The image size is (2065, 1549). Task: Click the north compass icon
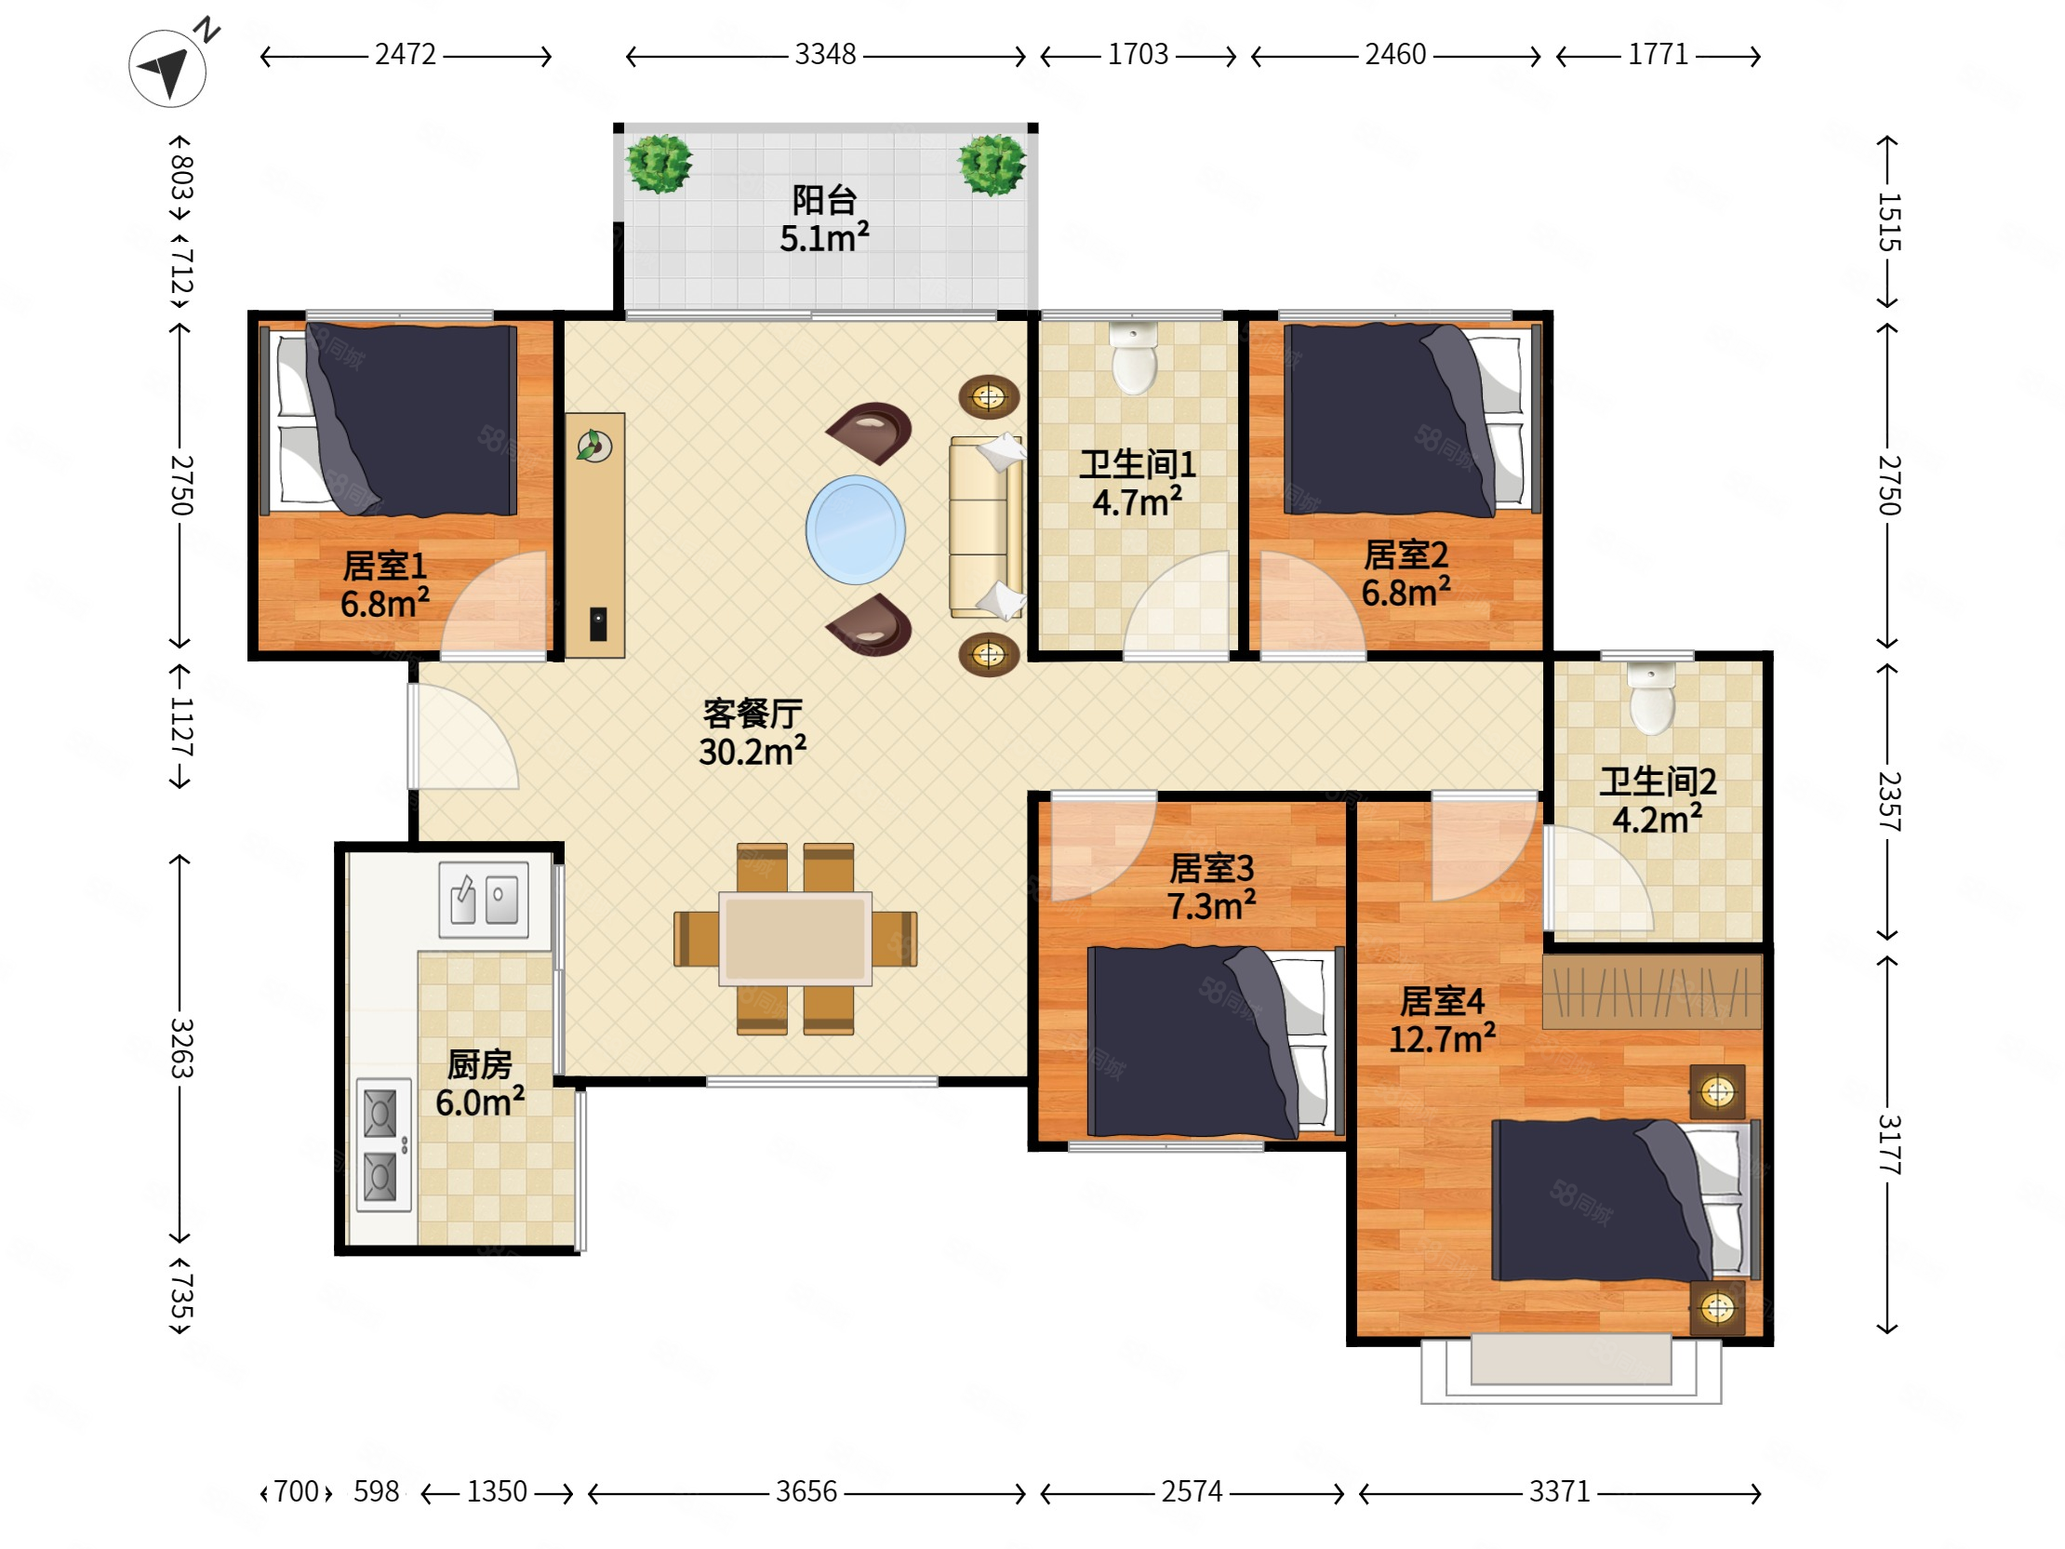[x=169, y=66]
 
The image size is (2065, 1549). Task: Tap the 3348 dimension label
[x=825, y=54]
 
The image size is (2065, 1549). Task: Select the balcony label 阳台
[x=824, y=200]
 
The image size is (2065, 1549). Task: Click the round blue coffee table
[x=855, y=529]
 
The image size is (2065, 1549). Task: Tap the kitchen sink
[x=484, y=899]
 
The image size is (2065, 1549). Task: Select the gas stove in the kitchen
[x=383, y=1144]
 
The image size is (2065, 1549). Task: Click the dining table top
[x=795, y=939]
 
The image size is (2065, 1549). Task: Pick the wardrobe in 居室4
[x=1651, y=991]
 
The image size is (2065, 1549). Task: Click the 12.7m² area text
[x=1443, y=1038]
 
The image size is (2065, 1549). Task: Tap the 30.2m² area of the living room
[x=753, y=751]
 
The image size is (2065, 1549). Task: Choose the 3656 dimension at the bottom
[x=806, y=1491]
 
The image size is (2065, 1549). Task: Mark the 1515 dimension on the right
[x=1888, y=222]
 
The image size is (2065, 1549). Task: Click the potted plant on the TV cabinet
[x=593, y=447]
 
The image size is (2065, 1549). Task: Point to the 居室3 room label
[x=1212, y=868]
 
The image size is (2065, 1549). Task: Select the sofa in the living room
[x=986, y=526]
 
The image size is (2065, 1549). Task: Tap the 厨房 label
[x=480, y=1063]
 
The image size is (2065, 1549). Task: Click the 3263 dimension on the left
[x=181, y=1048]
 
